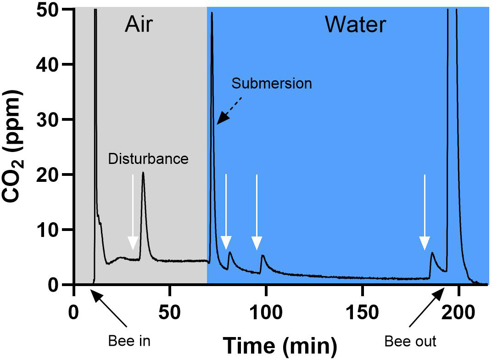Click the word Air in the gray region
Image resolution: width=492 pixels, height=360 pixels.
(x=138, y=25)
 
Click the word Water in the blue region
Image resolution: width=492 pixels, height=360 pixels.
(x=355, y=25)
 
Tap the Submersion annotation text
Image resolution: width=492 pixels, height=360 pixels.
(x=272, y=84)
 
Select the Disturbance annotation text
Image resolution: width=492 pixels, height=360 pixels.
(x=148, y=159)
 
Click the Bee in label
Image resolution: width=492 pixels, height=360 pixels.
(x=129, y=341)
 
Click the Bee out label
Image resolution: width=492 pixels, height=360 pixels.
(x=410, y=341)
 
